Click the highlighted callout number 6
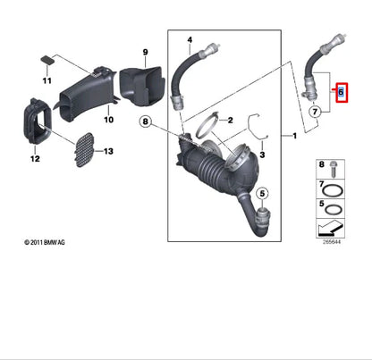coord(340,92)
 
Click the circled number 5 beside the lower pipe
coord(263,193)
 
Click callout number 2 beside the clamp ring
coord(228,120)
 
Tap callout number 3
coord(262,154)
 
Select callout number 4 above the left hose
coord(190,39)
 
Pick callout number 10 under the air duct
coord(107,119)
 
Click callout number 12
coord(35,159)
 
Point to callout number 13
coord(108,152)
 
